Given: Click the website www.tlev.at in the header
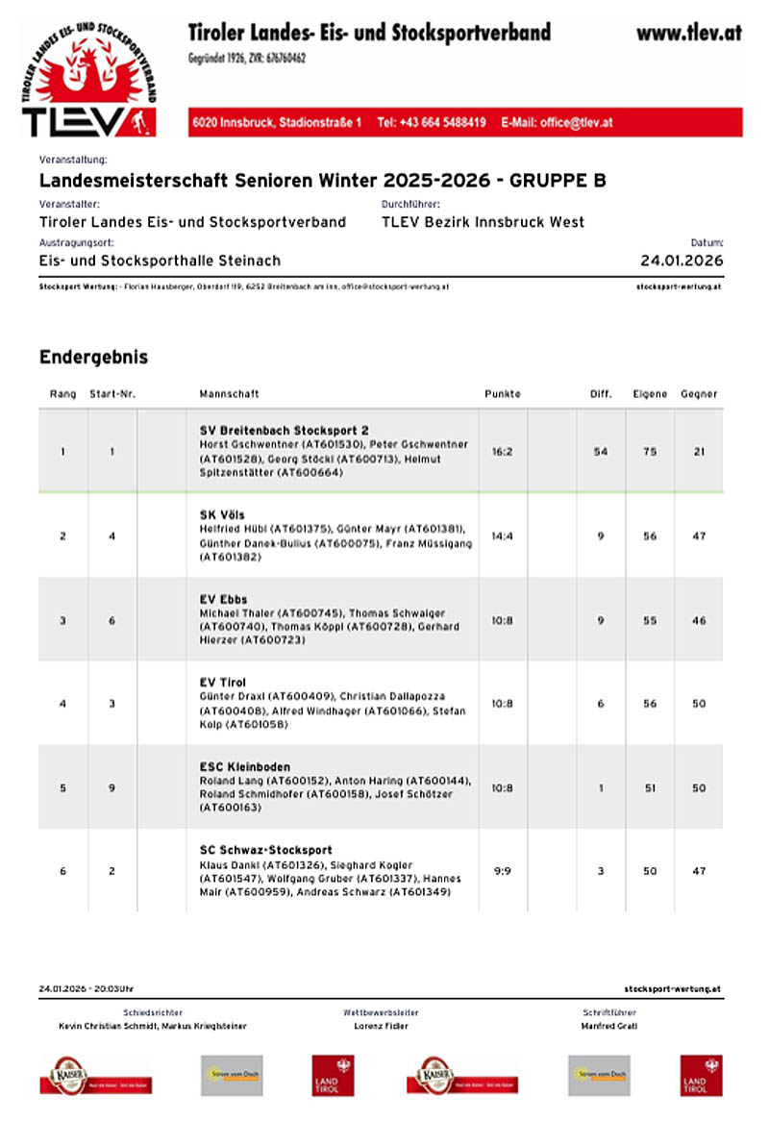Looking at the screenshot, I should click(x=688, y=33).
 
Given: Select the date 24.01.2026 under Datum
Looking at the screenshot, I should click(x=682, y=261).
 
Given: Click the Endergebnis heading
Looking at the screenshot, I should click(x=93, y=357).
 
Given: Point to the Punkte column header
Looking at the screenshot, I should click(x=502, y=394).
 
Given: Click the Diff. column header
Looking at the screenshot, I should click(x=601, y=394).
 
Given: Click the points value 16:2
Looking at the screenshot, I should click(x=502, y=451).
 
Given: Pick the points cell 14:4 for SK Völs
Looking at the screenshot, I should click(x=502, y=536).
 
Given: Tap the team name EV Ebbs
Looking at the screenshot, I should click(x=223, y=599).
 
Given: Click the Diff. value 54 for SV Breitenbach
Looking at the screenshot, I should click(x=601, y=451).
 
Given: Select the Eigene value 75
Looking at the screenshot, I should click(x=650, y=451).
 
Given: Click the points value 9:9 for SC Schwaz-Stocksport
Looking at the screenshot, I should click(x=502, y=871).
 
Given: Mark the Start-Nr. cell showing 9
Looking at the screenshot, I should click(x=112, y=788).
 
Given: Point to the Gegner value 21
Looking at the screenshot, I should click(x=699, y=451).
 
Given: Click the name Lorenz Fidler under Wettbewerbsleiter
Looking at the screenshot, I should click(x=381, y=1026).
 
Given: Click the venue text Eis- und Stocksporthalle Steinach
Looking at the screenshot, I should click(x=160, y=261).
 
